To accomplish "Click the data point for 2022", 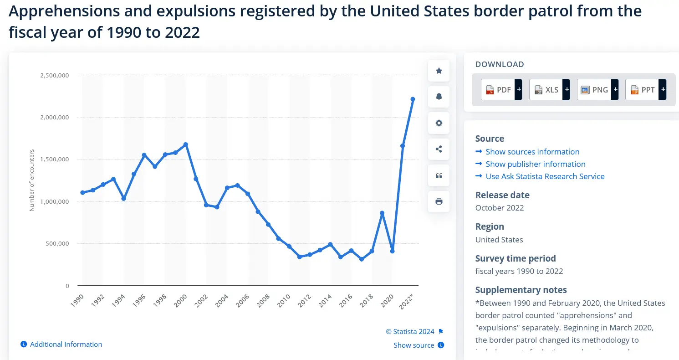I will click(413, 99).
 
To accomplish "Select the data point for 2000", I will click(186, 144).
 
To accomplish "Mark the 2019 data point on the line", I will click(382, 213).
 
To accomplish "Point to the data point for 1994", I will click(123, 199).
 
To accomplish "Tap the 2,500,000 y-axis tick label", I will click(54, 75).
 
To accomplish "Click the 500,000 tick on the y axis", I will click(56, 244).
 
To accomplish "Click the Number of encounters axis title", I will click(32, 180).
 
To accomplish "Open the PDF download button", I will click(501, 90).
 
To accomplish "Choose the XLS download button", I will click(549, 90).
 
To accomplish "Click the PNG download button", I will click(597, 90).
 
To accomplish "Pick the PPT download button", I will click(645, 90).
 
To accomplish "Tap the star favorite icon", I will click(439, 71).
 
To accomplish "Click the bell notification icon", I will click(439, 97).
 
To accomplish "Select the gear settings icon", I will click(439, 123).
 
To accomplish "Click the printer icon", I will click(439, 201).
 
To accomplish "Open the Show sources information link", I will click(532, 152).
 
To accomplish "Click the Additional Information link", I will click(66, 345).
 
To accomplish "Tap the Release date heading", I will click(502, 195).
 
